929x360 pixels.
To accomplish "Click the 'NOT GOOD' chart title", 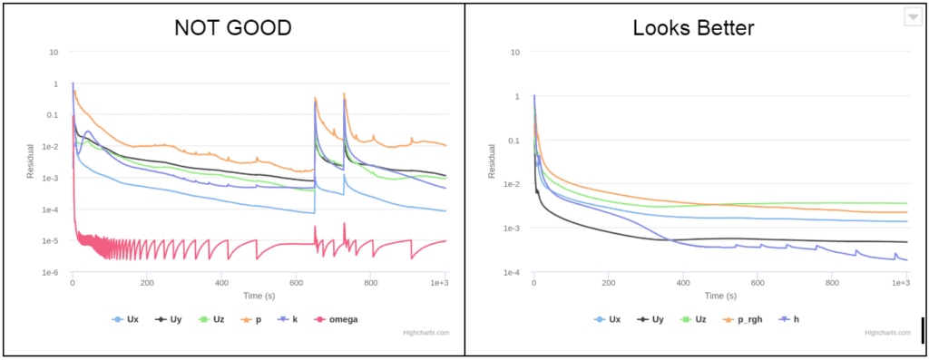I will (233, 27).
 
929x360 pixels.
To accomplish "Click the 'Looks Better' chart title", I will (694, 27).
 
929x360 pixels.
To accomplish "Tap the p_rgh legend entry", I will (749, 319).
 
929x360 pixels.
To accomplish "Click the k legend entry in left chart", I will (288, 319).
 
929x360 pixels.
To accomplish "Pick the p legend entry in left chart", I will (250, 319).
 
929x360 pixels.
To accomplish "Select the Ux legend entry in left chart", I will (125, 319).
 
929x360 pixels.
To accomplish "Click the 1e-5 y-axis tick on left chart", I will (52, 241).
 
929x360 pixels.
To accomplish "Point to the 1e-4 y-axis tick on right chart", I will (513, 272).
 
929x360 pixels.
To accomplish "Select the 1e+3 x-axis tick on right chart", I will (900, 284).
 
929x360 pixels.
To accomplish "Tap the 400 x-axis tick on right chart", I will (681, 284).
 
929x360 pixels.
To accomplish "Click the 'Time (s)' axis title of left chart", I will (259, 296).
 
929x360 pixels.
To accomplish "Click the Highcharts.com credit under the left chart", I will (426, 333).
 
